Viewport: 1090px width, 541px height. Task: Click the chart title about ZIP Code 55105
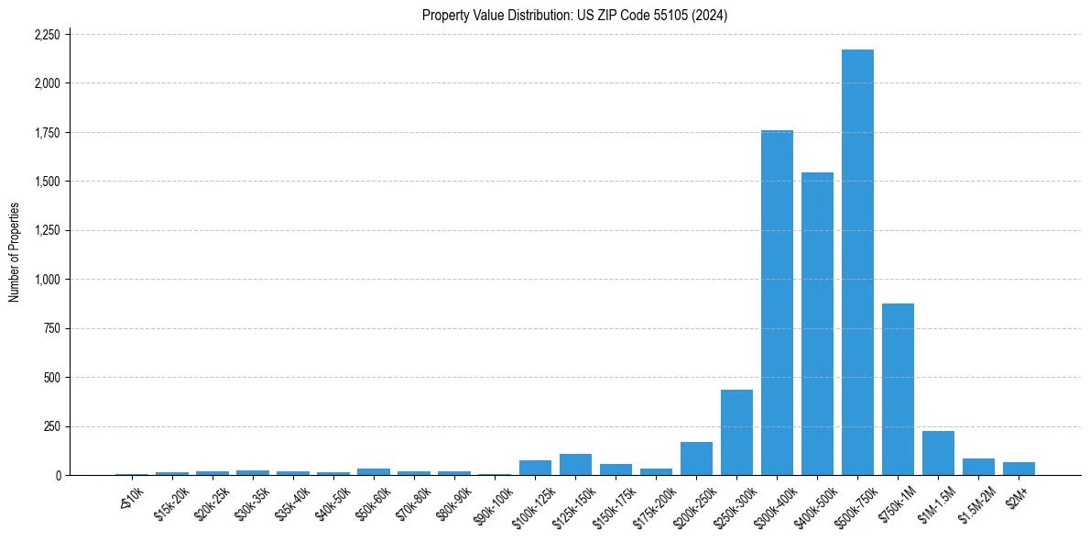pyautogui.click(x=574, y=16)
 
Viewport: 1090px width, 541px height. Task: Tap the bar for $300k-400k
pyautogui.click(x=777, y=303)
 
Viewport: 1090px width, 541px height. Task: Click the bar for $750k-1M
pyautogui.click(x=898, y=389)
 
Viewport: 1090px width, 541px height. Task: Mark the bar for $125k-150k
pyautogui.click(x=575, y=464)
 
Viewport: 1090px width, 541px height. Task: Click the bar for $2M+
pyautogui.click(x=1019, y=469)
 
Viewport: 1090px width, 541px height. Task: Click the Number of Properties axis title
pyautogui.click(x=15, y=252)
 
